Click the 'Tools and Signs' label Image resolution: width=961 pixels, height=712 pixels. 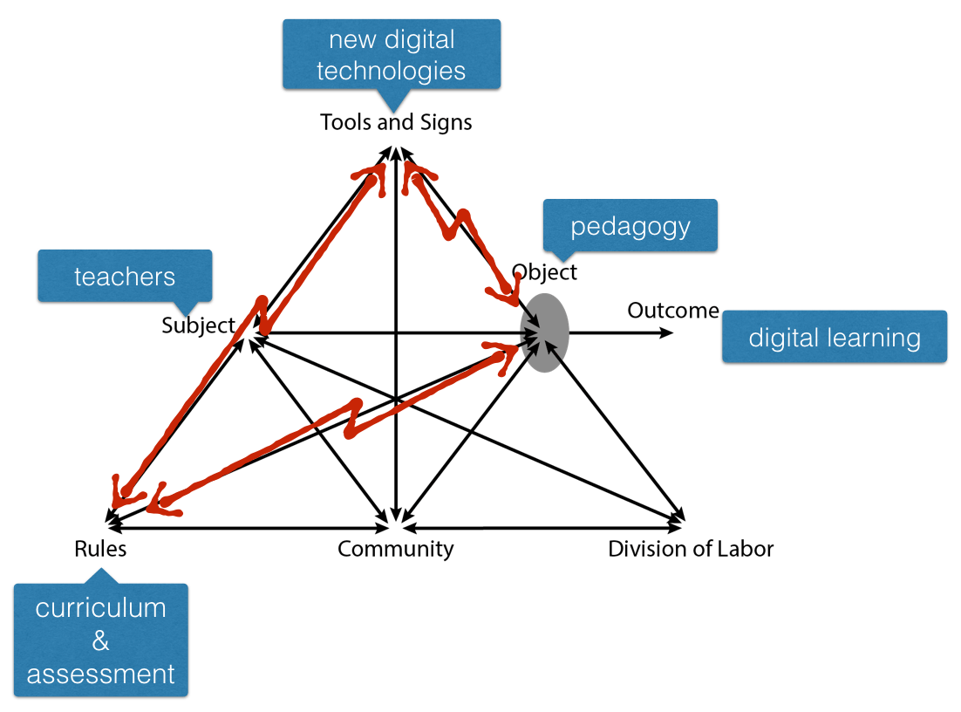tap(396, 122)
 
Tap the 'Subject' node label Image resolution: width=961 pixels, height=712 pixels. tap(198, 325)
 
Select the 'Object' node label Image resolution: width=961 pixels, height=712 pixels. tap(544, 272)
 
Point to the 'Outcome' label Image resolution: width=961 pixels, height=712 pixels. tap(672, 311)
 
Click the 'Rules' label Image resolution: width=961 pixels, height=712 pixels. tap(100, 549)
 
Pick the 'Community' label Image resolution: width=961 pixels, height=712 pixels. tap(396, 549)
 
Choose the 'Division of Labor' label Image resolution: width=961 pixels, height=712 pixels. tap(691, 549)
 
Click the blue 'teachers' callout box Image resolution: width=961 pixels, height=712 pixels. tap(125, 277)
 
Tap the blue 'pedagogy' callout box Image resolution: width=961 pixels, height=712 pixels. tap(630, 226)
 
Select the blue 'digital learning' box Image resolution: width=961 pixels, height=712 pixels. tap(835, 337)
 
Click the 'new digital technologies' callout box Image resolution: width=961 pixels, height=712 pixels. tap(392, 54)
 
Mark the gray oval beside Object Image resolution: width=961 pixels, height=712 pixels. tap(545, 332)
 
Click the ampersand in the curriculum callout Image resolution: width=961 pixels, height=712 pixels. tap(100, 641)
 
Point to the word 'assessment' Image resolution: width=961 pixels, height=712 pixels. tap(100, 674)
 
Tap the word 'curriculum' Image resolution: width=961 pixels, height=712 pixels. tap(100, 608)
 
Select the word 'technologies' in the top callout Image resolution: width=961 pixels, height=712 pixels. tap(392, 70)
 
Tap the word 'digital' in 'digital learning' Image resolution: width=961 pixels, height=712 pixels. tap(789, 337)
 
